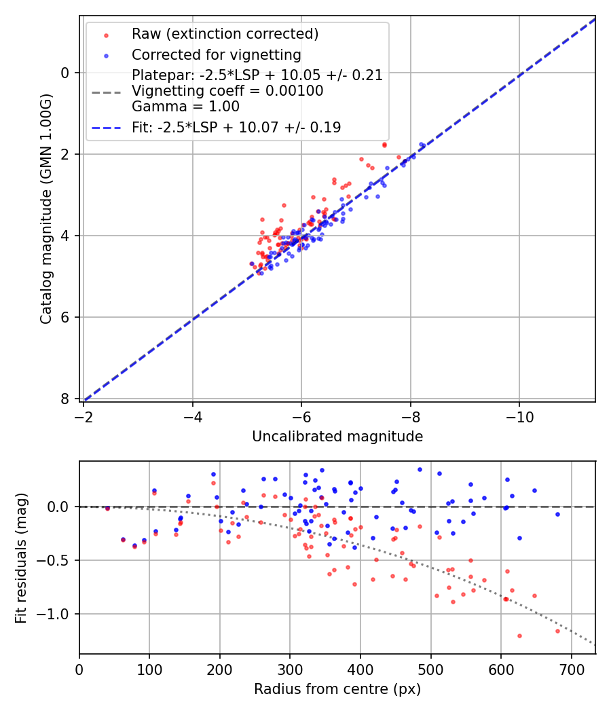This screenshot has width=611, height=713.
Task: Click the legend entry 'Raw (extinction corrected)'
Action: coord(225,34)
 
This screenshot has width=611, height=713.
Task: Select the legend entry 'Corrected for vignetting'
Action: coord(216,54)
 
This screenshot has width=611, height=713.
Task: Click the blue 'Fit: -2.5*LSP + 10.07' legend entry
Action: coord(236,127)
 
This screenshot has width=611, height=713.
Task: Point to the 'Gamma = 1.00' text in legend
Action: coord(185,107)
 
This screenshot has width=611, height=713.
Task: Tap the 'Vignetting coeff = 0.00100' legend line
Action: coord(227,91)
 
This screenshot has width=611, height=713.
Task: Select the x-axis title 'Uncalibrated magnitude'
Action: coord(337,437)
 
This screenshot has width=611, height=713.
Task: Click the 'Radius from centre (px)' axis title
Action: coord(337,689)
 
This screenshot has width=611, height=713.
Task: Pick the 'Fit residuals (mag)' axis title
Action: coord(21,557)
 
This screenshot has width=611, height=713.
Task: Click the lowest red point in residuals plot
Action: coord(519,636)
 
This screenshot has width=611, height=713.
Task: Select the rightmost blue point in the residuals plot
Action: coord(557,514)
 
